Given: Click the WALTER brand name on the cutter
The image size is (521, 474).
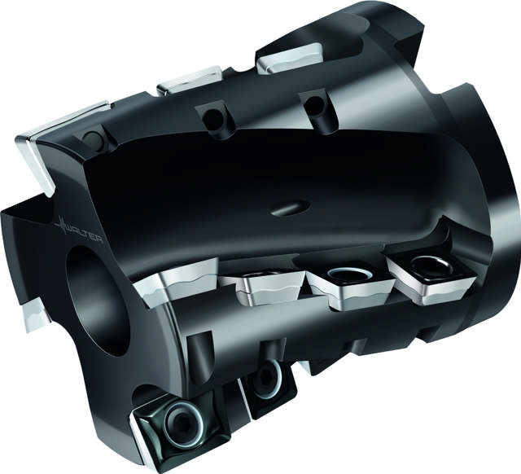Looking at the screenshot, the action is point(85,234).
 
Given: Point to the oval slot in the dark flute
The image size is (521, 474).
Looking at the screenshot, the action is point(290,208).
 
